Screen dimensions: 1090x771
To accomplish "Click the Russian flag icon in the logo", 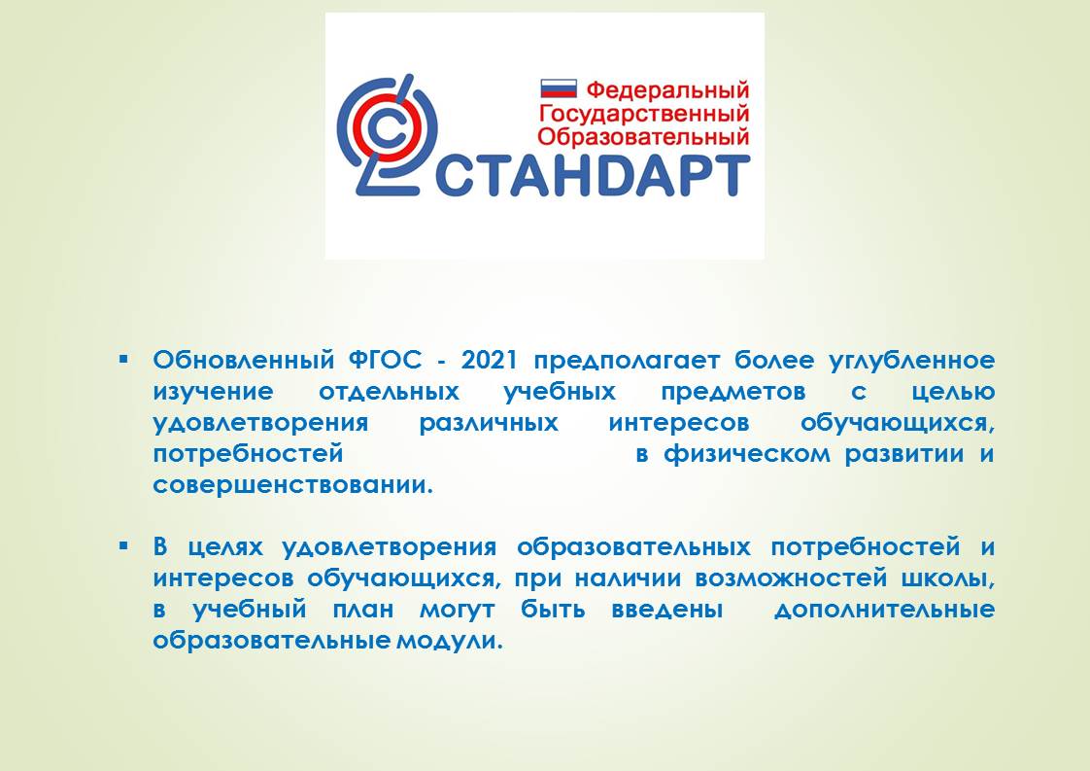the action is [x=559, y=88].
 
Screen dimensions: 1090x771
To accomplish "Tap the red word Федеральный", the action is [x=667, y=89].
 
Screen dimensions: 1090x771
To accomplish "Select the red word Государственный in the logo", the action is [x=644, y=114].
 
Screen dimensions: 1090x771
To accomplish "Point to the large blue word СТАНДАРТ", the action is [x=593, y=175].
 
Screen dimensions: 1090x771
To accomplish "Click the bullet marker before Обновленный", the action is [x=123, y=360].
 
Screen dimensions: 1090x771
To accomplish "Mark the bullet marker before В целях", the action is [x=123, y=546].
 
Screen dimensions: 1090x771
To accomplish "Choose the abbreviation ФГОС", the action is [x=385, y=360].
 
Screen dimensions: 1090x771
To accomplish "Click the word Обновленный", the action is [x=244, y=360].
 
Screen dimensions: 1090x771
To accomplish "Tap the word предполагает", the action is [x=627, y=361].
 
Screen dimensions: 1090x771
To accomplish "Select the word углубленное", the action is [x=912, y=361].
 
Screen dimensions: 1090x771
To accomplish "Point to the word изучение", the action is [x=214, y=392].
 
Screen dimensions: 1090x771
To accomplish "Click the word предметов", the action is [x=732, y=392].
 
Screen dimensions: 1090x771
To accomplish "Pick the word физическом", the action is [x=747, y=454].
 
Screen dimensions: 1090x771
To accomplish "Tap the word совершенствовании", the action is [x=292, y=485].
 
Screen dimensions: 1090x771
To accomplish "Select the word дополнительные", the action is [x=884, y=611].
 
